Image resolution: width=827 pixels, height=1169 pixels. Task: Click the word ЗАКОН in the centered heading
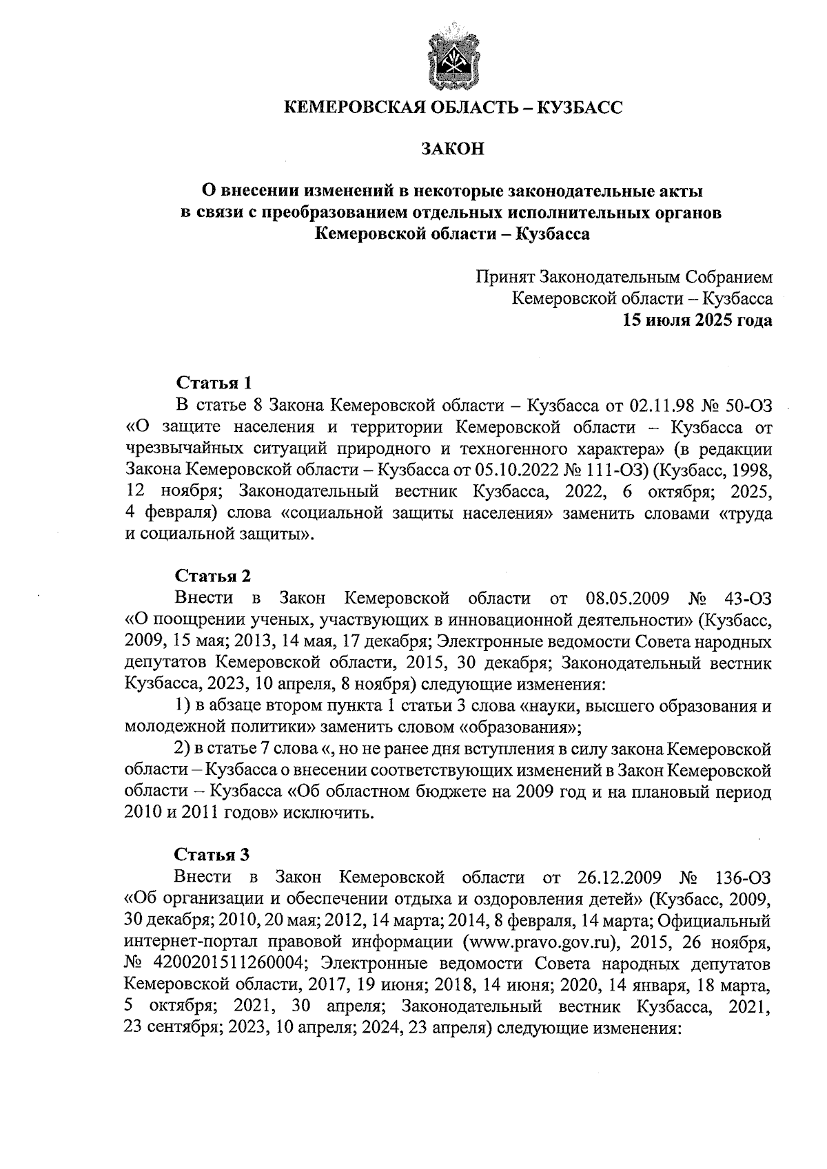453,149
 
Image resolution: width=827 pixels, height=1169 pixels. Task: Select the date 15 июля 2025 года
697,320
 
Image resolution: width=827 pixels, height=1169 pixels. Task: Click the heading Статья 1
215,382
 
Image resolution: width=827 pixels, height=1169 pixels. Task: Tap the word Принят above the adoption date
505,277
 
